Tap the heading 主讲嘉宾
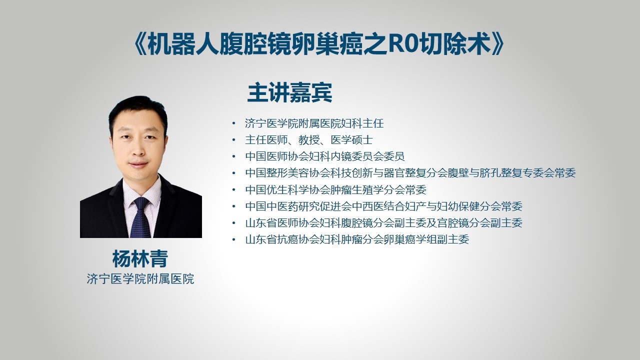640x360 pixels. click(289, 92)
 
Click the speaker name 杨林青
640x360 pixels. click(140, 259)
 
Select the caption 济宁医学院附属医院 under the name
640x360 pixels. click(140, 279)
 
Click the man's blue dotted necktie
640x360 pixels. click(140, 217)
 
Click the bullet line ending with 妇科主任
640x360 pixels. click(314, 123)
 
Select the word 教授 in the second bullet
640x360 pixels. click(309, 140)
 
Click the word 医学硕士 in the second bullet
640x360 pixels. click(351, 140)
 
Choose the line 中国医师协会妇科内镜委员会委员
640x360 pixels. click(325, 156)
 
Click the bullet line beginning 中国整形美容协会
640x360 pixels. click(410, 173)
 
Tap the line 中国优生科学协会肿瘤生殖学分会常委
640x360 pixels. click(335, 189)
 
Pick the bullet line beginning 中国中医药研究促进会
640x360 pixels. click(383, 206)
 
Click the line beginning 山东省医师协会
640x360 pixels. click(383, 223)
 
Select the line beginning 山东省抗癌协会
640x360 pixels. click(357, 239)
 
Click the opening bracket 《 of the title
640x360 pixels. click(140, 44)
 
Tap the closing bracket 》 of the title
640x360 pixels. click(497, 44)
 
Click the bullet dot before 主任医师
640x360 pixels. click(234, 140)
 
